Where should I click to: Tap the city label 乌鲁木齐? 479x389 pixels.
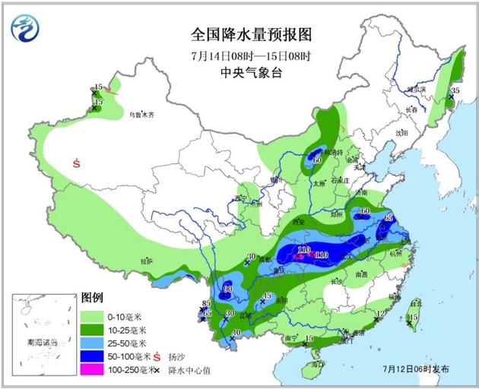click(x=141, y=115)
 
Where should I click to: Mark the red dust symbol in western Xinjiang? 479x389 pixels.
click(x=77, y=162)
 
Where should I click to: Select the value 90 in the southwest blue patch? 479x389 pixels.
click(x=227, y=289)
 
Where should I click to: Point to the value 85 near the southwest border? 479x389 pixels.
click(x=205, y=304)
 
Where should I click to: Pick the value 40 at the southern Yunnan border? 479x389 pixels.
click(x=236, y=333)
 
